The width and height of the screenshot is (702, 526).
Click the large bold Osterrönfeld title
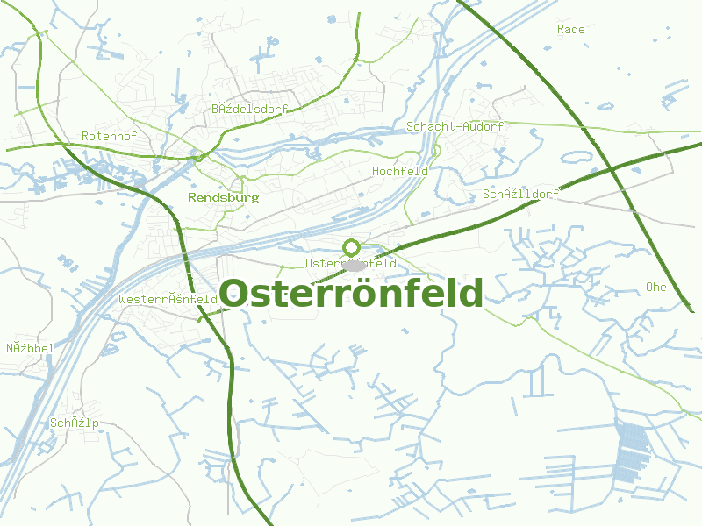tap(351, 294)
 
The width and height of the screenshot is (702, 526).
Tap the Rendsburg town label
tap(224, 198)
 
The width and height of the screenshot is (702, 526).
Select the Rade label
tap(570, 29)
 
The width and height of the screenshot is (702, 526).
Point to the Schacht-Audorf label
tap(455, 126)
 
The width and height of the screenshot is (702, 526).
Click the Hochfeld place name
tap(400, 171)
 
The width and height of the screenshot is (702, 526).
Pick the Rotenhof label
tap(109, 136)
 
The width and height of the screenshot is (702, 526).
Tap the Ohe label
tap(655, 287)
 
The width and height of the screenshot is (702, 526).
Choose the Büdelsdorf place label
tap(249, 109)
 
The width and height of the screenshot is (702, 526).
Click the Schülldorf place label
tap(520, 194)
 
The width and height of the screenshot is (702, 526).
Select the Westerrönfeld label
tap(168, 299)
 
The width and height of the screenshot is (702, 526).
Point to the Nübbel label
tap(30, 348)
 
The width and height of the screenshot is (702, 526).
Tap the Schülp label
tap(75, 423)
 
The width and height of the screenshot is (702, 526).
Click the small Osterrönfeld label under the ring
tap(351, 263)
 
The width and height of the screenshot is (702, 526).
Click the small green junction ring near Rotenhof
tap(199, 157)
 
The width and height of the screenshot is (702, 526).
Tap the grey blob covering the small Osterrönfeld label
tap(354, 265)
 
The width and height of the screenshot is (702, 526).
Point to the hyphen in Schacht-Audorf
tap(460, 127)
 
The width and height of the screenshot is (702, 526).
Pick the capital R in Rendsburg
tap(192, 198)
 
